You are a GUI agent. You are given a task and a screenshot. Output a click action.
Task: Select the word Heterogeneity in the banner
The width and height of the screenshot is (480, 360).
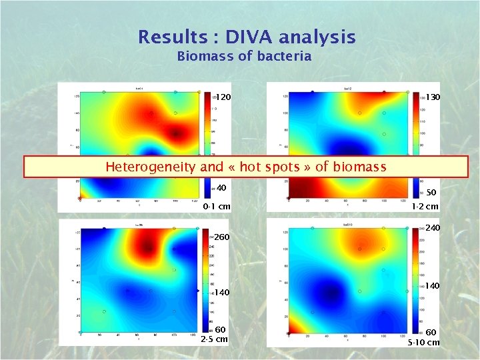click(x=151, y=167)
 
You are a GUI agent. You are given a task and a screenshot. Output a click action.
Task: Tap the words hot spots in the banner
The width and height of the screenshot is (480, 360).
click(x=273, y=167)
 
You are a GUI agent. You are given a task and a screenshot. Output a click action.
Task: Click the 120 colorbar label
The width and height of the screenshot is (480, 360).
click(x=223, y=97)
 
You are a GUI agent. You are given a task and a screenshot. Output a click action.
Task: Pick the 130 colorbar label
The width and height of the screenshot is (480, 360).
click(x=433, y=97)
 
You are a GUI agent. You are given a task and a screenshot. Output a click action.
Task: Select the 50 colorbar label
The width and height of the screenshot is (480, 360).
click(x=431, y=192)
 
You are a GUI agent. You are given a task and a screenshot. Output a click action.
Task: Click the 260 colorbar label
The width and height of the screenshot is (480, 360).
click(x=222, y=237)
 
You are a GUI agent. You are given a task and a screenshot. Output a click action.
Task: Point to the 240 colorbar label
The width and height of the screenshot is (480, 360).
click(x=433, y=228)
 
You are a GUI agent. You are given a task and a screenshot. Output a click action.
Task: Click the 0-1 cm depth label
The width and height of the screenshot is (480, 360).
click(x=217, y=207)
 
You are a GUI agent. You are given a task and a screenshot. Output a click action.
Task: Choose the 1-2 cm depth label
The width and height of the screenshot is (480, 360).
click(x=425, y=207)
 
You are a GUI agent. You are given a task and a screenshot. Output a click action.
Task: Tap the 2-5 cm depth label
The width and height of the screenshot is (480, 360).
click(x=214, y=339)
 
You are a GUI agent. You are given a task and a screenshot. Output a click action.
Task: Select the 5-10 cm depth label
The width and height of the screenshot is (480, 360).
click(x=424, y=343)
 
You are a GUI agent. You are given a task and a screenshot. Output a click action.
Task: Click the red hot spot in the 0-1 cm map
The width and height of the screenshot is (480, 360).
click(x=175, y=133)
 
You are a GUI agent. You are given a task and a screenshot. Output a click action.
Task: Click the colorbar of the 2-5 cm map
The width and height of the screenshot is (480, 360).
click(x=206, y=280)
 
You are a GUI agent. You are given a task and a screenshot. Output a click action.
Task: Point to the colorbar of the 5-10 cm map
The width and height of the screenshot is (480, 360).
click(x=417, y=280)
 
